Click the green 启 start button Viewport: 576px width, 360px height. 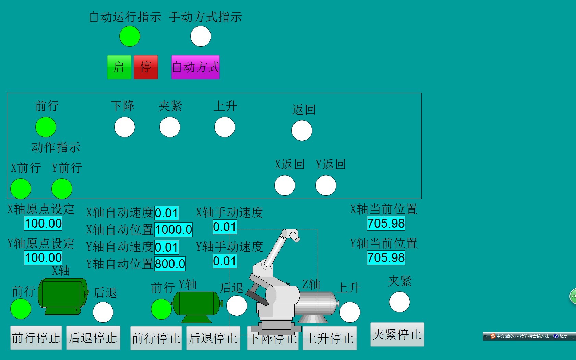click(x=119, y=67)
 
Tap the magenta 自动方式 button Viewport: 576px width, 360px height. click(x=195, y=67)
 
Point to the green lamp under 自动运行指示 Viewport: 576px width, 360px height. click(x=130, y=36)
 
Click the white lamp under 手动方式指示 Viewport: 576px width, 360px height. click(x=201, y=36)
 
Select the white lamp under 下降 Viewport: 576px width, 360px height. click(x=124, y=127)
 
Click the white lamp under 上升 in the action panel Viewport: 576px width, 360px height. click(x=225, y=127)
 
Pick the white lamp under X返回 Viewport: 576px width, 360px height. click(x=285, y=185)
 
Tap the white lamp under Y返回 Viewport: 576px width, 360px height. click(x=326, y=185)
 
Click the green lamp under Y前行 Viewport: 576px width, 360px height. click(x=62, y=189)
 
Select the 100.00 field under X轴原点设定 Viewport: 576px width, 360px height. click(x=43, y=224)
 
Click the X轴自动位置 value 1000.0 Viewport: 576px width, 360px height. click(x=173, y=230)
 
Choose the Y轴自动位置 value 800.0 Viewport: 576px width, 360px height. click(x=170, y=264)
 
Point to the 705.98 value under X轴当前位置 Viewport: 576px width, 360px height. click(x=386, y=224)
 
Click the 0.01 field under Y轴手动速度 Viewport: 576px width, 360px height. click(x=225, y=261)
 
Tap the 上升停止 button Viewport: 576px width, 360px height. click(x=329, y=338)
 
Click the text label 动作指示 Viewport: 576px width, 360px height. click(x=56, y=147)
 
